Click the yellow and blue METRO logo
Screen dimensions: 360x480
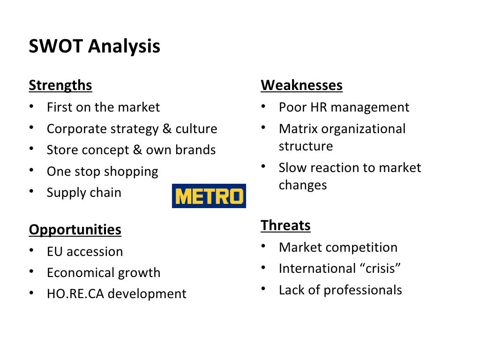coord(209,196)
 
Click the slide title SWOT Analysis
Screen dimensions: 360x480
coord(94,46)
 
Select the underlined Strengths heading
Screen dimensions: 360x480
coord(60,86)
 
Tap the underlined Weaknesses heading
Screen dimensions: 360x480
coord(301,86)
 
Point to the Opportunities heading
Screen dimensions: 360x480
coord(75,230)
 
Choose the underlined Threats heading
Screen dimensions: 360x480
coord(285,225)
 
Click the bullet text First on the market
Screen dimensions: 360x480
coord(103,107)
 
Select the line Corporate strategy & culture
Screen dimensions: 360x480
coord(132,129)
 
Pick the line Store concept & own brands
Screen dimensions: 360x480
coord(131,150)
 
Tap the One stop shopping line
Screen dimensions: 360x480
coord(102,172)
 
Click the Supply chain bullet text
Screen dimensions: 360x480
coord(84,193)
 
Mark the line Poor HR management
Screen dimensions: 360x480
coord(344,107)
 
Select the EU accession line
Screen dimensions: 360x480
coord(84,252)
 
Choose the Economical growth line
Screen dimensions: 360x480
coord(103,273)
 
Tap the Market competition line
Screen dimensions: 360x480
coord(337,247)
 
